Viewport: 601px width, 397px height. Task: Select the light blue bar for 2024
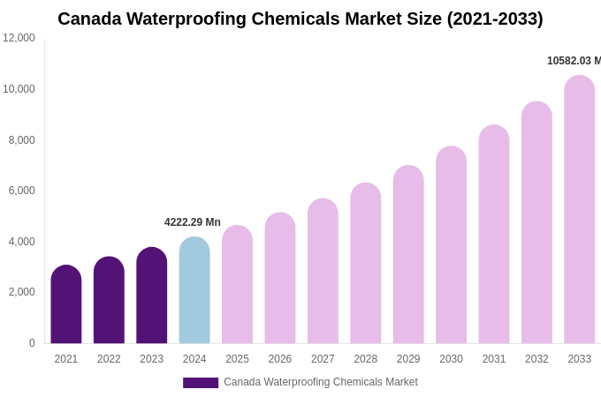[x=194, y=290]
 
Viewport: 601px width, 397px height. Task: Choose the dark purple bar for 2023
[x=152, y=296]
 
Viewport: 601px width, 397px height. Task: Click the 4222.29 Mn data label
[x=193, y=222]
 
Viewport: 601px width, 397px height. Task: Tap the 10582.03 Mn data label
[x=573, y=61]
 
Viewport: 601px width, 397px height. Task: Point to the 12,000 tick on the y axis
[x=19, y=38]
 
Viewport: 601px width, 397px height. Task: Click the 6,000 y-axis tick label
[x=22, y=191]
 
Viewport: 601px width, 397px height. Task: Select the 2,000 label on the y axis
[x=22, y=292]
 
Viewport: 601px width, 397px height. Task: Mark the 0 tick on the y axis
[x=32, y=343]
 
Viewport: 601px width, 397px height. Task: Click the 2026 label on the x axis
[x=280, y=359]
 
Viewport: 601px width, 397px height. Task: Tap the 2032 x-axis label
[x=536, y=359]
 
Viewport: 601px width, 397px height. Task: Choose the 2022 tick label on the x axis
[x=109, y=359]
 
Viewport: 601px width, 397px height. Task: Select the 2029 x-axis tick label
[x=408, y=359]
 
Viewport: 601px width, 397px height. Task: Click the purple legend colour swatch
[x=201, y=383]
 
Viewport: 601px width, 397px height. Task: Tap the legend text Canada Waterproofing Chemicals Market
[x=321, y=382]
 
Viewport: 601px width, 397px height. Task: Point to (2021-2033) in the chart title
[x=495, y=19]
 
